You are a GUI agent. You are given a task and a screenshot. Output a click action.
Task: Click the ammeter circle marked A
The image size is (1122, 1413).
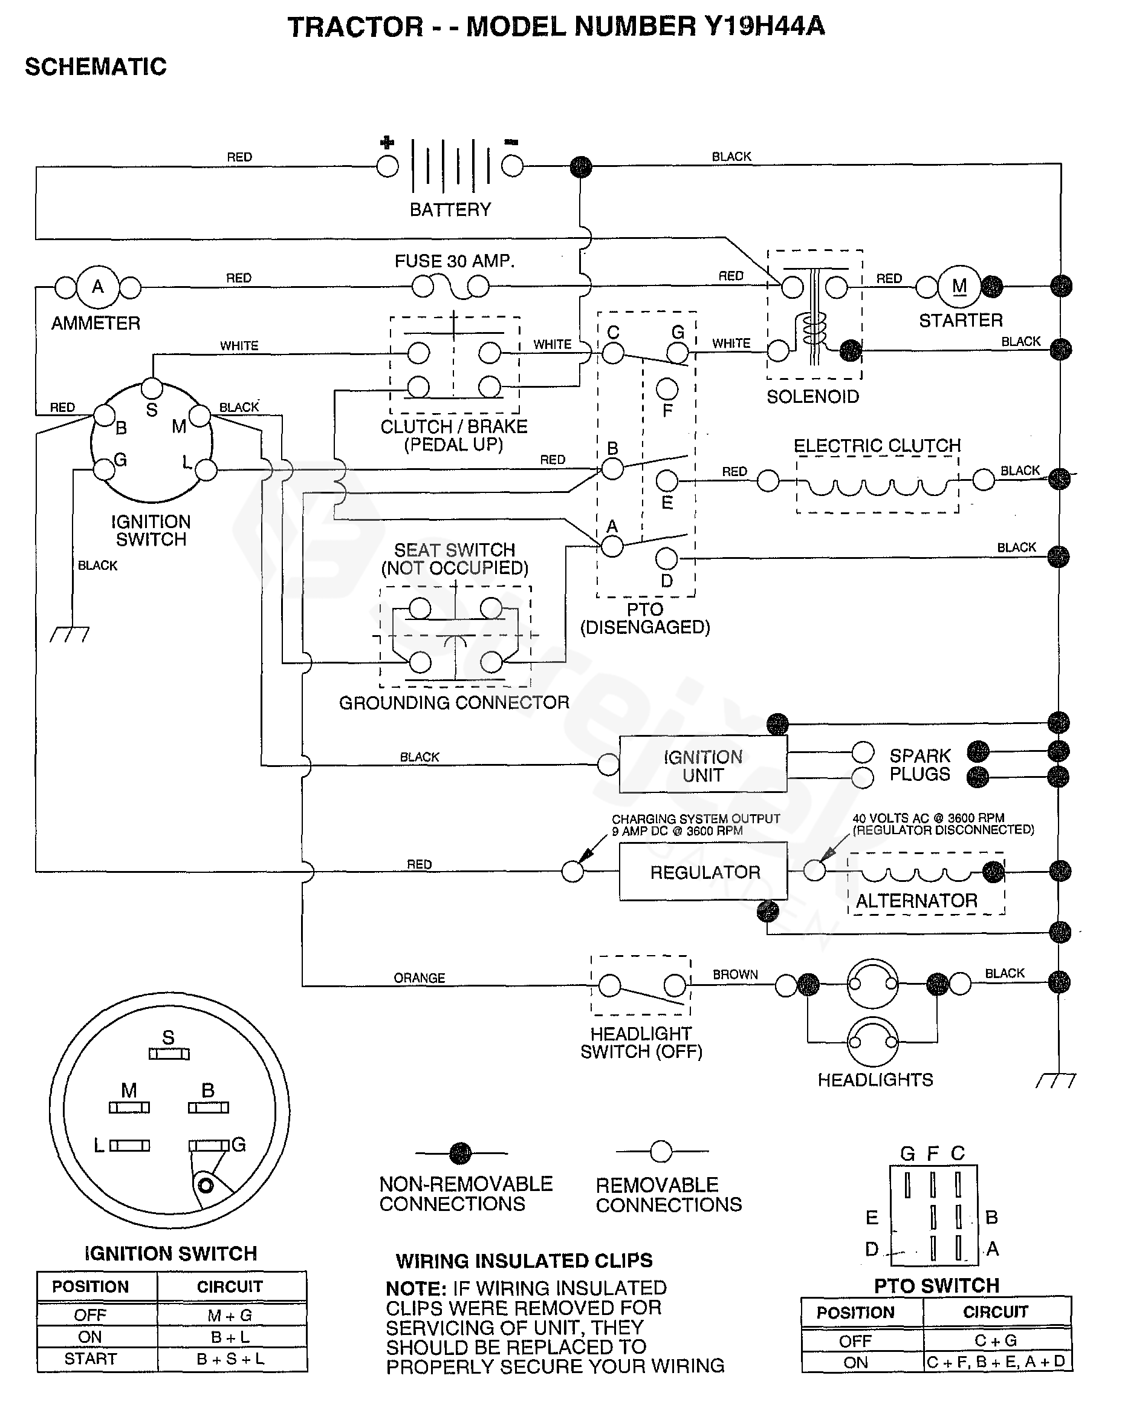[97, 287]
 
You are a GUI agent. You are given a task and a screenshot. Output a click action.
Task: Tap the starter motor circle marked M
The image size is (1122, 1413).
[959, 286]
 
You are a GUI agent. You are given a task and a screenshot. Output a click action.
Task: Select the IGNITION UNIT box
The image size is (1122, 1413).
[703, 765]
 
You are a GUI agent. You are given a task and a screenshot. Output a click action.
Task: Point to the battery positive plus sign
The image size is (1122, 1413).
[387, 142]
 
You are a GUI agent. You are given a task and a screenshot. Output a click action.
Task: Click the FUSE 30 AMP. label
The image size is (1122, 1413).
[455, 261]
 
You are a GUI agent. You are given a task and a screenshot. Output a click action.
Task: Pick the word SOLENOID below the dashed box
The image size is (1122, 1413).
[812, 397]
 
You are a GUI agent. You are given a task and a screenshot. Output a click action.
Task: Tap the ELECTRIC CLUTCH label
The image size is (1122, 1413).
[877, 446]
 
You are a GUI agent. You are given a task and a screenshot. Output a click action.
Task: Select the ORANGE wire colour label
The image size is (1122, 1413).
[419, 978]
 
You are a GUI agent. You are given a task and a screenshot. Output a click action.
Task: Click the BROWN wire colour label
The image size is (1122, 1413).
[735, 974]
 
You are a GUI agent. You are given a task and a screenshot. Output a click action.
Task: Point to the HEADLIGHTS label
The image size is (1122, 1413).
[875, 1080]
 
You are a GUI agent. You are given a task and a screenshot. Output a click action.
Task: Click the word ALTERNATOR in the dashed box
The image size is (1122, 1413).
[916, 901]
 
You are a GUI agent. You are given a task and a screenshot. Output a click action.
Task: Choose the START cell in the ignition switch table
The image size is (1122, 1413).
[91, 1359]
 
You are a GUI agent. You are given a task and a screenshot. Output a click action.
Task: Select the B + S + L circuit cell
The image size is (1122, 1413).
[230, 1359]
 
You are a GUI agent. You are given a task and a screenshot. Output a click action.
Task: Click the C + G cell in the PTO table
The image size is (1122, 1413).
[995, 1340]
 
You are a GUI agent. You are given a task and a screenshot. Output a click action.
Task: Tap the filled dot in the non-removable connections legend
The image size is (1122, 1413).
[461, 1153]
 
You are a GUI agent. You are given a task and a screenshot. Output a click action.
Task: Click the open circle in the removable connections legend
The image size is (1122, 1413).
[661, 1152]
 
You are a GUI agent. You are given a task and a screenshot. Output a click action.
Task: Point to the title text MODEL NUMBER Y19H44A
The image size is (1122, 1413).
[645, 27]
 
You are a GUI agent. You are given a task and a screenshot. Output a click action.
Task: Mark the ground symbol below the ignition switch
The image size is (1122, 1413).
[70, 634]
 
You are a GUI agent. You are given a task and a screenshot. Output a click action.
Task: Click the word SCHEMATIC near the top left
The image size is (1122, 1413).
[96, 67]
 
